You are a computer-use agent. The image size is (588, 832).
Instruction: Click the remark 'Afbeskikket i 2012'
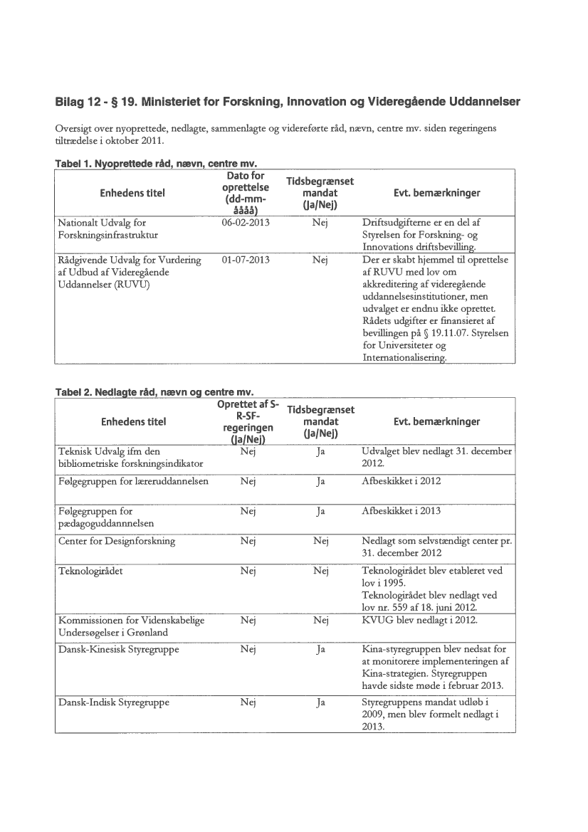pyautogui.click(x=401, y=481)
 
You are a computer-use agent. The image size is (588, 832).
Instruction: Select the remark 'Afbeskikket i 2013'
pyautogui.click(x=401, y=511)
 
